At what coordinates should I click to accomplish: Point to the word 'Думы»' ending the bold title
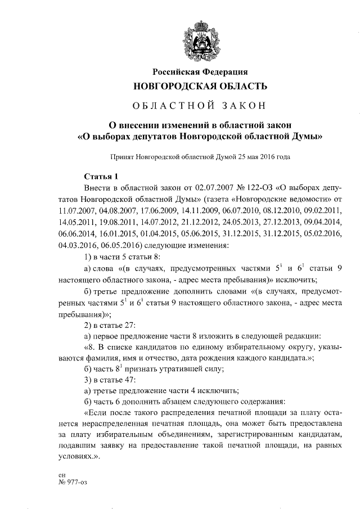tap(308, 136)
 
